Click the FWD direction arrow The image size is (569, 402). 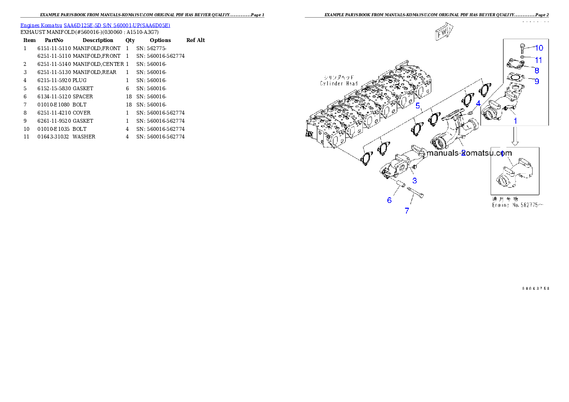coord(443,32)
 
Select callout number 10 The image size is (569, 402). coord(539,48)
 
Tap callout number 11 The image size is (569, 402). coord(538,60)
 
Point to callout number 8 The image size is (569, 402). coord(536,70)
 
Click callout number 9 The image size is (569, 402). coord(536,81)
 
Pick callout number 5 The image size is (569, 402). coord(417,106)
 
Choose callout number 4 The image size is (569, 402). coord(478,103)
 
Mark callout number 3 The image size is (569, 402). coord(415,180)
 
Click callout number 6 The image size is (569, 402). coord(389,201)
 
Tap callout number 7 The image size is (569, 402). coord(407,211)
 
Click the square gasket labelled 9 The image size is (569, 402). coord(514,77)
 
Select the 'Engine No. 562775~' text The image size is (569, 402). coord(517,205)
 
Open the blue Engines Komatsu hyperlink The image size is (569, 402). coord(95,25)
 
